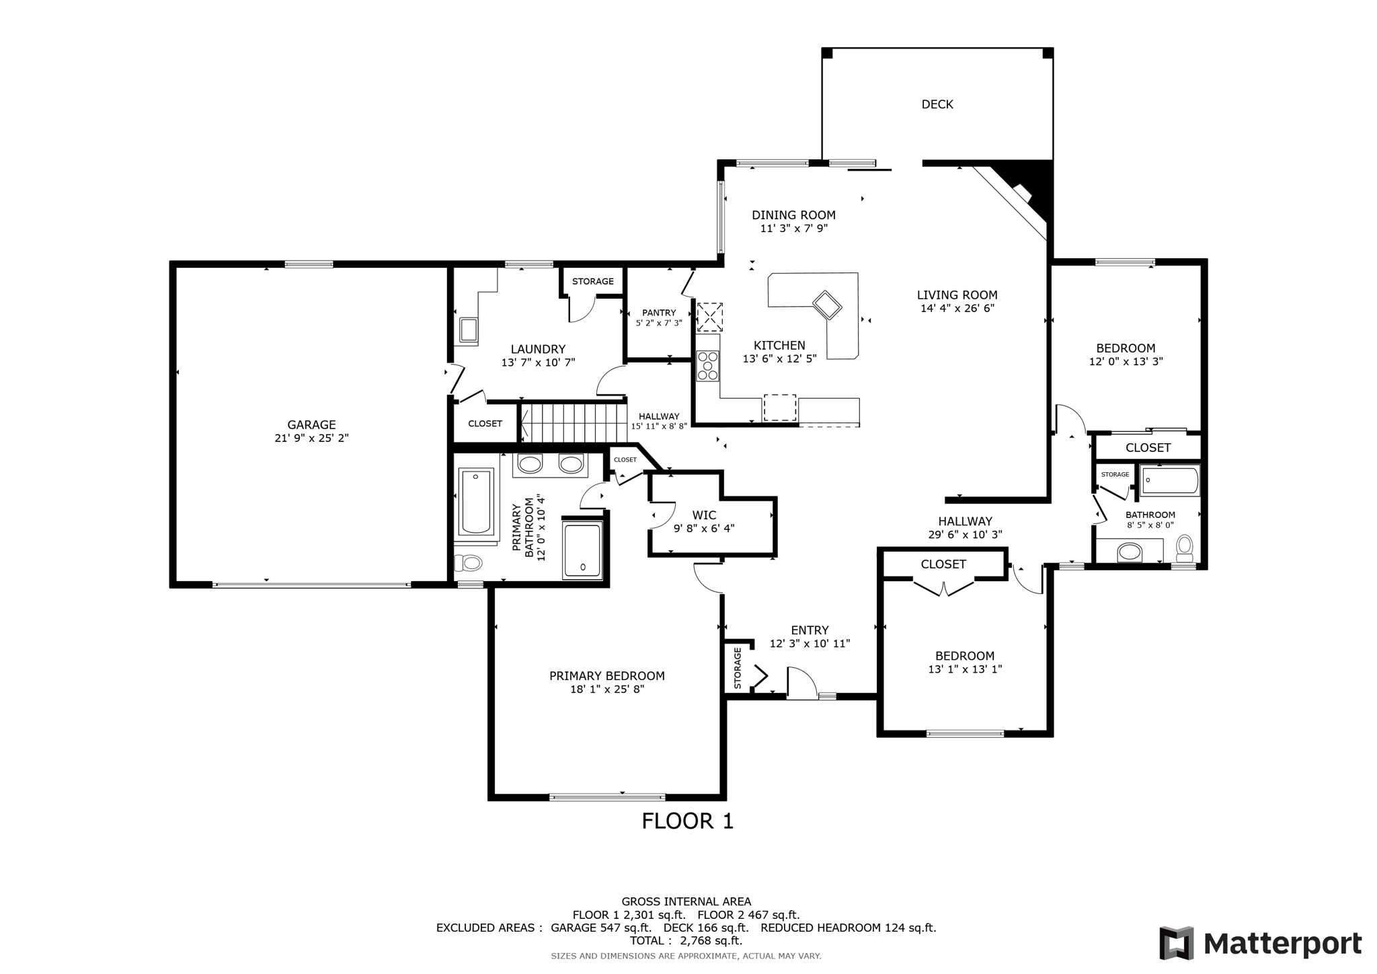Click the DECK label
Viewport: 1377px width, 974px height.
pos(937,104)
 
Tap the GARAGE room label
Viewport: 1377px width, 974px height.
pos(311,425)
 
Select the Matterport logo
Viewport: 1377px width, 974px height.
pos(1261,943)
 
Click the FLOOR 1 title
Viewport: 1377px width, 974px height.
pos(687,821)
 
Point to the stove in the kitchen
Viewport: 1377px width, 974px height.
pos(707,366)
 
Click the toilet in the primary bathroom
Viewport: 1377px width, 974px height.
pos(469,562)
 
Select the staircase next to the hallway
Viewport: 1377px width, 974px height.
pos(574,422)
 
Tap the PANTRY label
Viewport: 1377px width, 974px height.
pos(659,313)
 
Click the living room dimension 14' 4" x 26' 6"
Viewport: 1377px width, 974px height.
pos(957,309)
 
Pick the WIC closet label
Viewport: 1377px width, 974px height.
pos(704,516)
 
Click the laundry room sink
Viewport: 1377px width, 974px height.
pos(468,330)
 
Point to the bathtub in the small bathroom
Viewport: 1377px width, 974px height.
pos(1171,481)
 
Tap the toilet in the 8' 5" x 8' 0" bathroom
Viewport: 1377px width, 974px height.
pos(1185,548)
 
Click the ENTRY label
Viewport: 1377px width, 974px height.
pos(810,630)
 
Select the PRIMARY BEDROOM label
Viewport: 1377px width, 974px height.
pos(607,676)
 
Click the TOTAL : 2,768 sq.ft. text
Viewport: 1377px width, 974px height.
pos(686,941)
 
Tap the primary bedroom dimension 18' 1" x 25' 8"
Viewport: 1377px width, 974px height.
pos(607,689)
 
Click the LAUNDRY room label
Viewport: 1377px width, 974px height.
pos(538,349)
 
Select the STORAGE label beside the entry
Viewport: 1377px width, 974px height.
pos(738,668)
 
